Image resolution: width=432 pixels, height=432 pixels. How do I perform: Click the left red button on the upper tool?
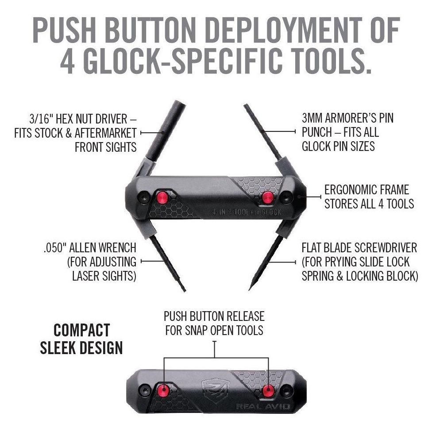click(x=162, y=196)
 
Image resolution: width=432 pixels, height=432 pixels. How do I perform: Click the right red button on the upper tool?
click(x=266, y=196)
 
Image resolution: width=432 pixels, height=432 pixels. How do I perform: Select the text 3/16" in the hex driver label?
click(x=39, y=119)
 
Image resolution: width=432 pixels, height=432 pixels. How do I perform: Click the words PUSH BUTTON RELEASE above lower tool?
click(x=214, y=316)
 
